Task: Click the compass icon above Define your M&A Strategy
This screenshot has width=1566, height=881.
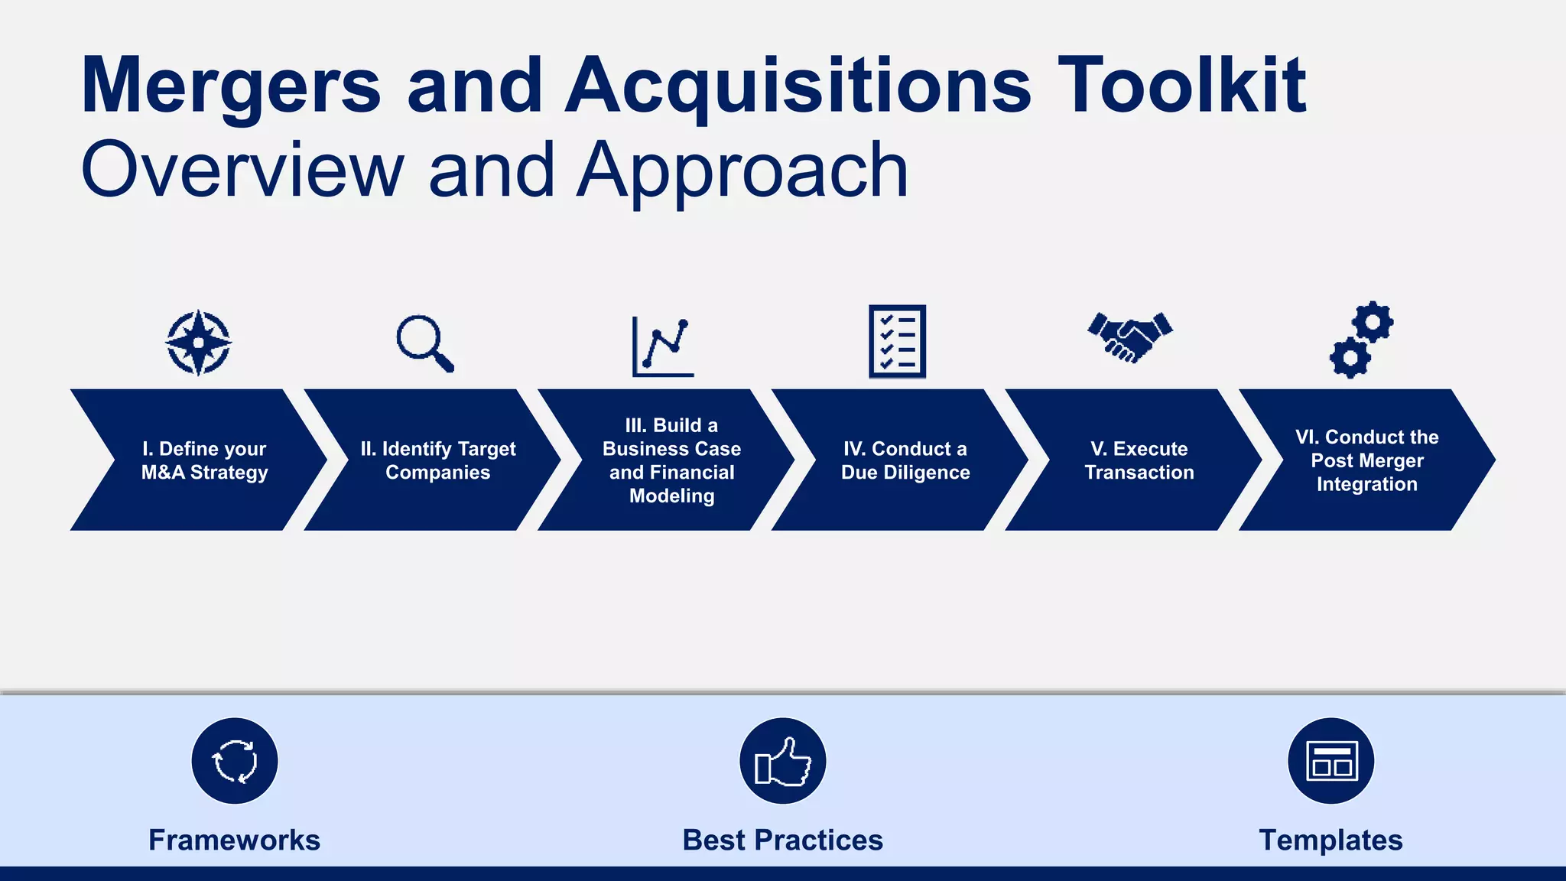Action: [x=199, y=343]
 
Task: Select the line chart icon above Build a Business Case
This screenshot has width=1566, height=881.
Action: [x=663, y=347]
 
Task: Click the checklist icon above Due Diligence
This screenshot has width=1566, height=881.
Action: [x=897, y=342]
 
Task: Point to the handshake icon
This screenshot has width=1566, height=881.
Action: [x=1130, y=336]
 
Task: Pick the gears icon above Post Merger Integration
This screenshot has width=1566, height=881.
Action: [x=1362, y=340]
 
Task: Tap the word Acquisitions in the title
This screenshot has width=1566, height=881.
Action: [x=798, y=86]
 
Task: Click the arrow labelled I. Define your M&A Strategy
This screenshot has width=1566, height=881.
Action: [x=199, y=460]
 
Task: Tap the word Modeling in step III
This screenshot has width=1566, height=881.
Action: [x=671, y=496]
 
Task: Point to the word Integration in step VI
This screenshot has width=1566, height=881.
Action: [x=1366, y=484]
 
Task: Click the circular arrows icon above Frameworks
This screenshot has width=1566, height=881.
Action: [x=235, y=761]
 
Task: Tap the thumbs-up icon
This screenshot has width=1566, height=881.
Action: [x=783, y=761]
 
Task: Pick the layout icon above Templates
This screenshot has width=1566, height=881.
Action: [x=1331, y=761]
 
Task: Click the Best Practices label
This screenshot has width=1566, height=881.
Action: [x=782, y=840]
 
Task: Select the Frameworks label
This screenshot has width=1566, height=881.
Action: [x=234, y=840]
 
